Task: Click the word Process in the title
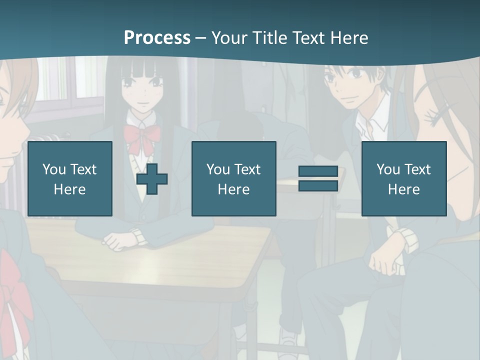[157, 38]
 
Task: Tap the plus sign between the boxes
[152, 179]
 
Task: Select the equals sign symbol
[318, 178]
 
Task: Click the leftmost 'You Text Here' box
[70, 178]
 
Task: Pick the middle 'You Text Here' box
[233, 178]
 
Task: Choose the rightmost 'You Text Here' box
[403, 178]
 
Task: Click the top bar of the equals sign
[318, 171]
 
